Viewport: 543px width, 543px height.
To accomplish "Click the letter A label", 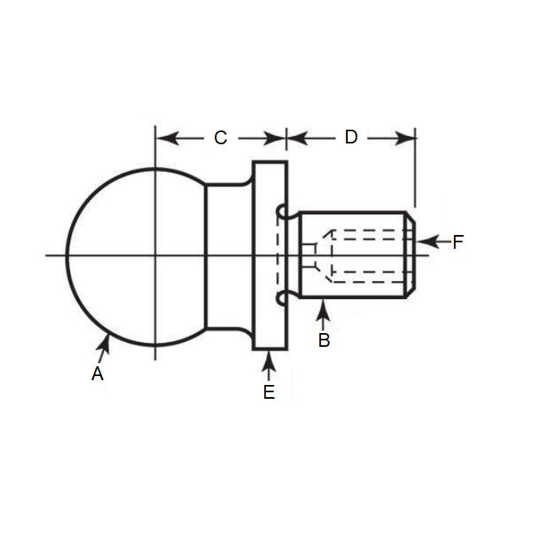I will pyautogui.click(x=97, y=374).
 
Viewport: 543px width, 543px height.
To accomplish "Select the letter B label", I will pyautogui.click(x=323, y=340).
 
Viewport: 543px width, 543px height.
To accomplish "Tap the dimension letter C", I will pyautogui.click(x=220, y=138).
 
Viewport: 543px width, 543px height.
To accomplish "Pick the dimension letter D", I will pyautogui.click(x=351, y=137).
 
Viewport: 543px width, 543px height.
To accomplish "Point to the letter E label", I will pyautogui.click(x=269, y=392).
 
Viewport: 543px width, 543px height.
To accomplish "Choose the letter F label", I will pyautogui.click(x=458, y=242).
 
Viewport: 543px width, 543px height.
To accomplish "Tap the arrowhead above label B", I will pyautogui.click(x=323, y=306).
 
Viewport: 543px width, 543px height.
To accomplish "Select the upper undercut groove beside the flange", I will pyautogui.click(x=282, y=212).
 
